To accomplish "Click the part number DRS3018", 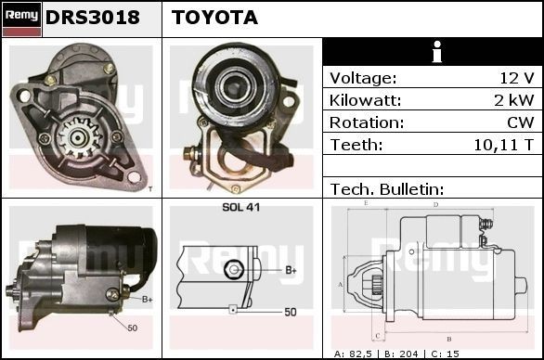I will click(93, 18).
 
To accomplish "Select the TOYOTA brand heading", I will click(214, 18).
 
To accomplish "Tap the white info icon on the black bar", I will click(433, 51).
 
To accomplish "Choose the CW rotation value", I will click(521, 122).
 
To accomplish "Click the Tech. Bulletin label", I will click(387, 189).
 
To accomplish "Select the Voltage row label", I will click(363, 78).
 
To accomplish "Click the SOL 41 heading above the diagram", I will click(241, 207).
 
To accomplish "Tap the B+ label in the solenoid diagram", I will click(291, 270).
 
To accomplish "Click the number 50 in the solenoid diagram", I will click(291, 312).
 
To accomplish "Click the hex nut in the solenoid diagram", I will click(236, 269).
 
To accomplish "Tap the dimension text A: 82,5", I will click(356, 354).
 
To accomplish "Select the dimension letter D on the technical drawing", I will click(435, 203).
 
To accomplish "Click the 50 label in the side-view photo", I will click(132, 328).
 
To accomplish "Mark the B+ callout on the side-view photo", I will click(147, 299).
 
